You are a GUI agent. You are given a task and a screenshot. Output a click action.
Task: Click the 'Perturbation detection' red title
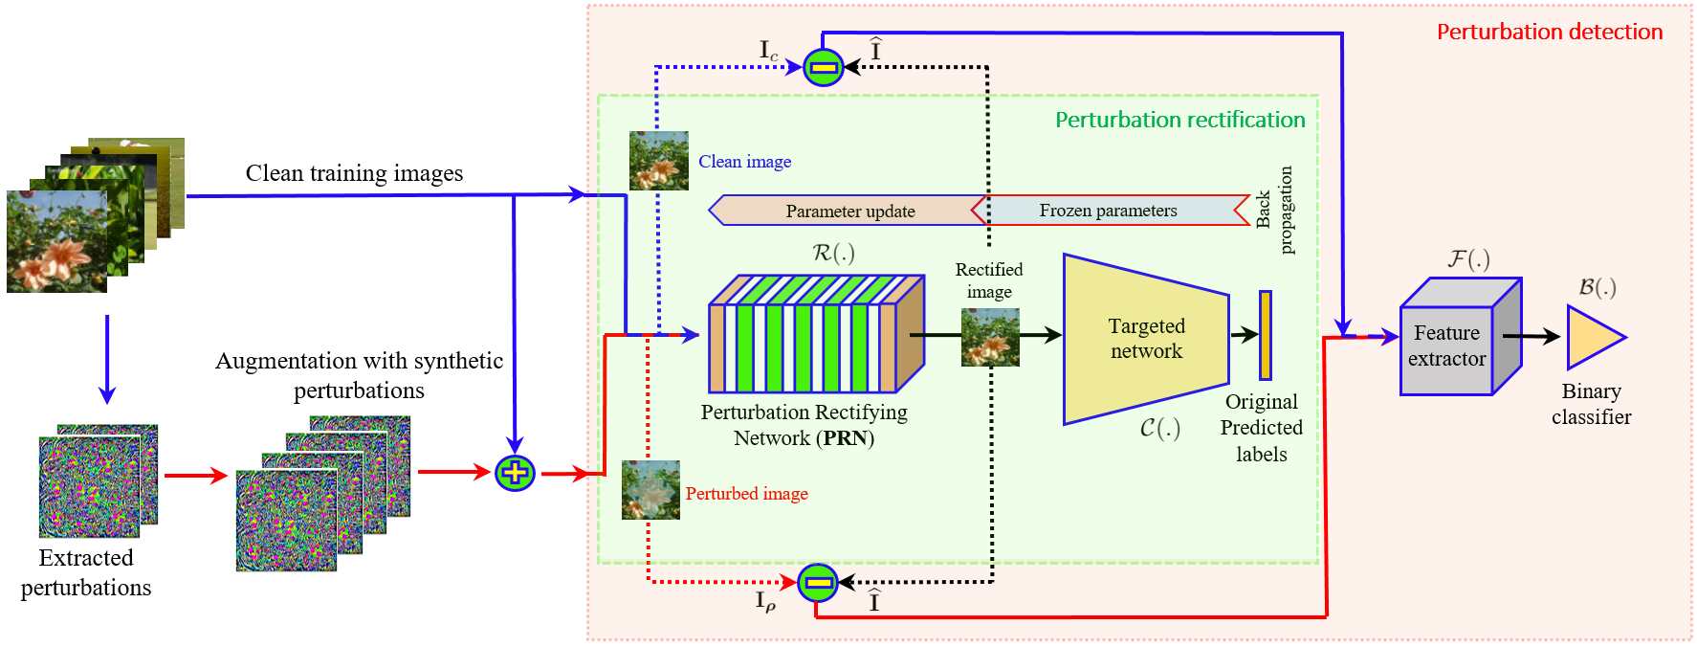[1550, 32]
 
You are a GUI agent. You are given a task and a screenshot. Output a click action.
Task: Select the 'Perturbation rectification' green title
[1179, 120]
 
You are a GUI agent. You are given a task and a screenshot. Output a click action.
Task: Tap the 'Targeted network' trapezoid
[1146, 339]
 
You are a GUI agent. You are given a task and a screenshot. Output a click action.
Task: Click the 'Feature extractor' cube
[1460, 337]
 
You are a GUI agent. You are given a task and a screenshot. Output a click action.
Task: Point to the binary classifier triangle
[1593, 337]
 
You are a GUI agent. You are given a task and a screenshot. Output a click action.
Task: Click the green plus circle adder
[515, 472]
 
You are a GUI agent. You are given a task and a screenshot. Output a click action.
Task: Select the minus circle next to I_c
[824, 67]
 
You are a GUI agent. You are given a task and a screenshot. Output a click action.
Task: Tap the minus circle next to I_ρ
[818, 582]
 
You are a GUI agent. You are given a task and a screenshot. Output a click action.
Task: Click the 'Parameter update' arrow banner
[847, 211]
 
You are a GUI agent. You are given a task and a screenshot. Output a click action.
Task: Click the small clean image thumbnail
[659, 161]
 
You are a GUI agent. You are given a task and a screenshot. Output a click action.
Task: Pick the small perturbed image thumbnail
[650, 490]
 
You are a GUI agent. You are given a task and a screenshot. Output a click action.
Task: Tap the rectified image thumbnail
[990, 337]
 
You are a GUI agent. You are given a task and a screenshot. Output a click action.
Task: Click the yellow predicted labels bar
[1265, 335]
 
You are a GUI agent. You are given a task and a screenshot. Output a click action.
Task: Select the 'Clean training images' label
[354, 173]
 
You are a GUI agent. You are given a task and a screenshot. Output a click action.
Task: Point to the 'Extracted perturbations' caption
[86, 572]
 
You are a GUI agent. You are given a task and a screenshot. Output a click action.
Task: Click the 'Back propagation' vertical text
[1274, 210]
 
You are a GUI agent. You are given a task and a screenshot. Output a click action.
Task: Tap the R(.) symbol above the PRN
[833, 253]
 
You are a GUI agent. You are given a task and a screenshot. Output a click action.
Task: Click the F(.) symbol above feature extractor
[1468, 259]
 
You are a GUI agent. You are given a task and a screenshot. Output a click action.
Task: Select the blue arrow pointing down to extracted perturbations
[107, 359]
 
